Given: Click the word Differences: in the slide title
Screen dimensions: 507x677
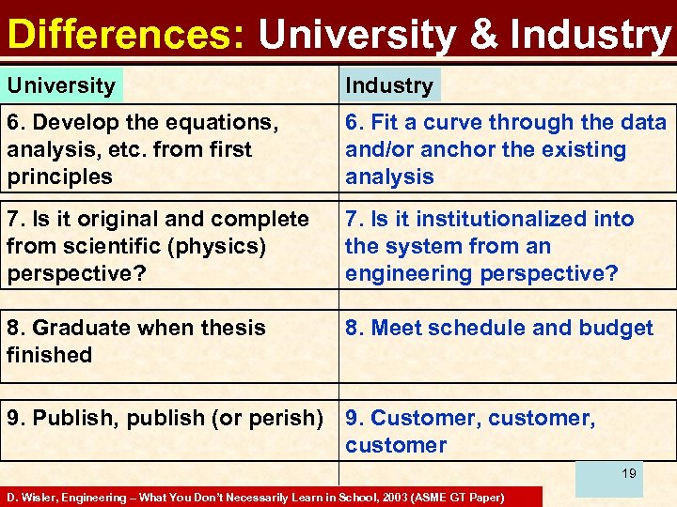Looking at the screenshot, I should [126, 35].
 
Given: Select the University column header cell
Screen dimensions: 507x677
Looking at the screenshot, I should [62, 85].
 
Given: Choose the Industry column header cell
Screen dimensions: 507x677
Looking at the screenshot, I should [389, 85].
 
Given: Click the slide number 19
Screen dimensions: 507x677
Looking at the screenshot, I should [628, 474].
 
